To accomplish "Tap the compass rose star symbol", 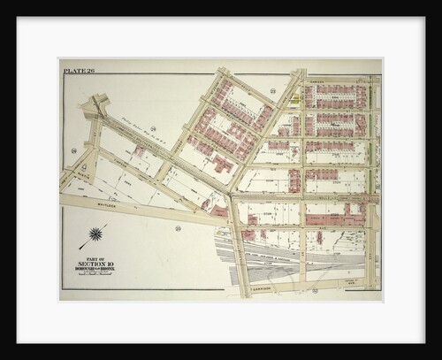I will tap(95, 236).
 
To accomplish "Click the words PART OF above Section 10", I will tap(95, 256).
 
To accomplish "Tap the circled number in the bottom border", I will tap(313, 290).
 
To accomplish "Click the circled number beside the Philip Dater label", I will tap(152, 129).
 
